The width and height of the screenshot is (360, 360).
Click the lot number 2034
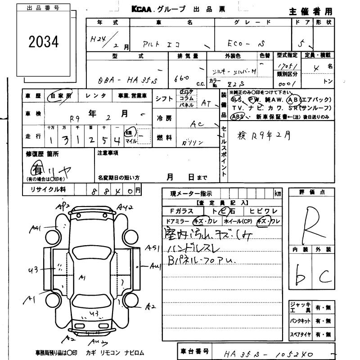(44, 42)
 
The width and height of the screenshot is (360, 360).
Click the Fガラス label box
(182, 211)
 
